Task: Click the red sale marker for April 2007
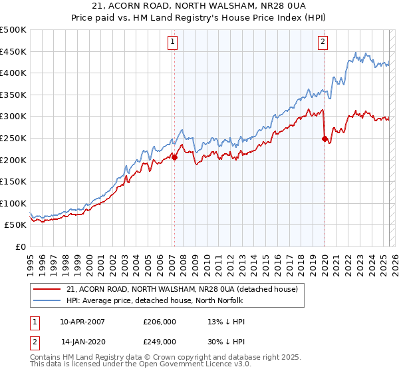coord(174,157)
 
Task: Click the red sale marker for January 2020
coord(325,139)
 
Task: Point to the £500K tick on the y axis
coord(13,30)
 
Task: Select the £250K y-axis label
coord(13,138)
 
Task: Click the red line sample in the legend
coord(47,289)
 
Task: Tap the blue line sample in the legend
coord(47,300)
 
